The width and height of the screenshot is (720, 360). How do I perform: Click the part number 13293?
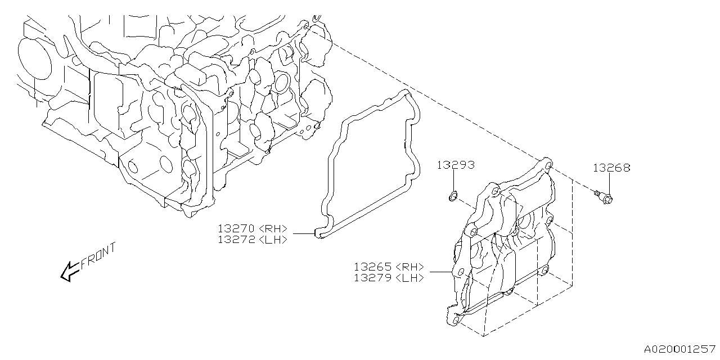(x=456, y=165)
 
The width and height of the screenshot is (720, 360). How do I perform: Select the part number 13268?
(x=611, y=168)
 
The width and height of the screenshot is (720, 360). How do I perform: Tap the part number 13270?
(x=237, y=229)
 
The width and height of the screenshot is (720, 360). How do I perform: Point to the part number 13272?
(x=237, y=239)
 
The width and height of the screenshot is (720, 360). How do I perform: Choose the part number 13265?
(x=373, y=267)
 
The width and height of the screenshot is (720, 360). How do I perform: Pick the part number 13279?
(x=373, y=277)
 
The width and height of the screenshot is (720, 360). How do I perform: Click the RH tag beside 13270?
(x=273, y=229)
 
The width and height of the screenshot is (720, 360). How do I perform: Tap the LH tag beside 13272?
(x=273, y=239)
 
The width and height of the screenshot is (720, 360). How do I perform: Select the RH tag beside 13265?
(x=409, y=267)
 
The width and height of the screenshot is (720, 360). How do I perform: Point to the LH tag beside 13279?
(x=409, y=277)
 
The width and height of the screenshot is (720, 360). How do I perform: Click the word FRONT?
(x=98, y=256)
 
